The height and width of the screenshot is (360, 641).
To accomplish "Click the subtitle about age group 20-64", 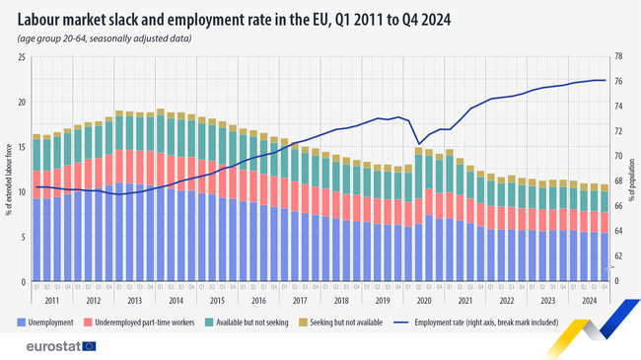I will tap(104, 38).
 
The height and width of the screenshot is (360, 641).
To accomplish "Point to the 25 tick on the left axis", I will tap(22, 56).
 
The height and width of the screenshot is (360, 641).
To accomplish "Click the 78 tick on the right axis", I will tap(618, 56).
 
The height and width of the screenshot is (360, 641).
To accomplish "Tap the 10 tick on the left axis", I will tap(22, 191).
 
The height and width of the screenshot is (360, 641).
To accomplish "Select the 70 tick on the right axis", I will tap(618, 156).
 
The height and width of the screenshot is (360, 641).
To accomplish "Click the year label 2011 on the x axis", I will tap(51, 300).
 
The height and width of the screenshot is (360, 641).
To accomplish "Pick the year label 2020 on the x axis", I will tap(424, 300).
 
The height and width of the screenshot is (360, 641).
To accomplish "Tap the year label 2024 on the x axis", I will tap(590, 300).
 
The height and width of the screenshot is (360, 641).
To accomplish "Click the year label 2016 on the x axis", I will tap(258, 300).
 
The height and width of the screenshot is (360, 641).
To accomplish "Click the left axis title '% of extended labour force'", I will tap(8, 169).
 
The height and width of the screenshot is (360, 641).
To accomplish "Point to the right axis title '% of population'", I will tap(633, 169).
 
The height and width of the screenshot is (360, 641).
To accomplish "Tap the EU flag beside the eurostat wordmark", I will tap(91, 346).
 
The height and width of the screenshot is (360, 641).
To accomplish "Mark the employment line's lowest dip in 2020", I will tap(419, 144).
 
